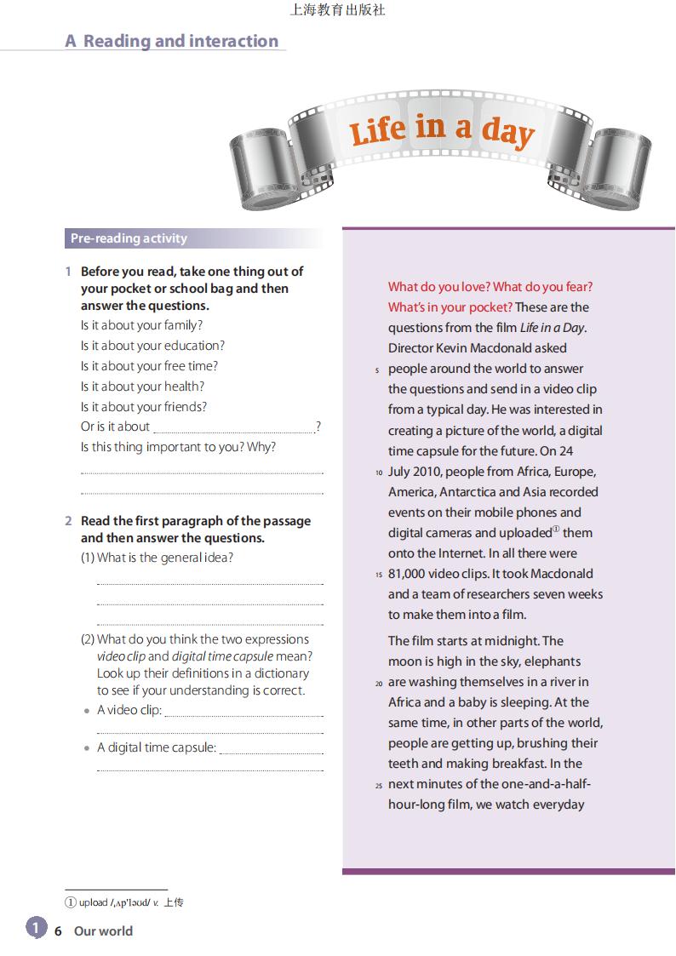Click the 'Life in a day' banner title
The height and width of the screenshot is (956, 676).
pyautogui.click(x=441, y=130)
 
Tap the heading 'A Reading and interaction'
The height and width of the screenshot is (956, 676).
pyautogui.click(x=172, y=41)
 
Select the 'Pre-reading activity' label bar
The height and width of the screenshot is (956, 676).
pyautogui.click(x=129, y=238)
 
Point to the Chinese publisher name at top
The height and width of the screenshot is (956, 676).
pyautogui.click(x=337, y=10)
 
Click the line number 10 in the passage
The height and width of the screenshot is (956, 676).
pyautogui.click(x=379, y=472)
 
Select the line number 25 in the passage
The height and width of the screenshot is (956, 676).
pyautogui.click(x=379, y=785)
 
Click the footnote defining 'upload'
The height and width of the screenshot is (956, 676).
pyautogui.click(x=124, y=902)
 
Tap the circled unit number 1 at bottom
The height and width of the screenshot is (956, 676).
pyautogui.click(x=36, y=927)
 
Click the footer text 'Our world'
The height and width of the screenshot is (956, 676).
pyautogui.click(x=103, y=931)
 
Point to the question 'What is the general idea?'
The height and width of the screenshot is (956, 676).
pyautogui.click(x=165, y=558)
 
